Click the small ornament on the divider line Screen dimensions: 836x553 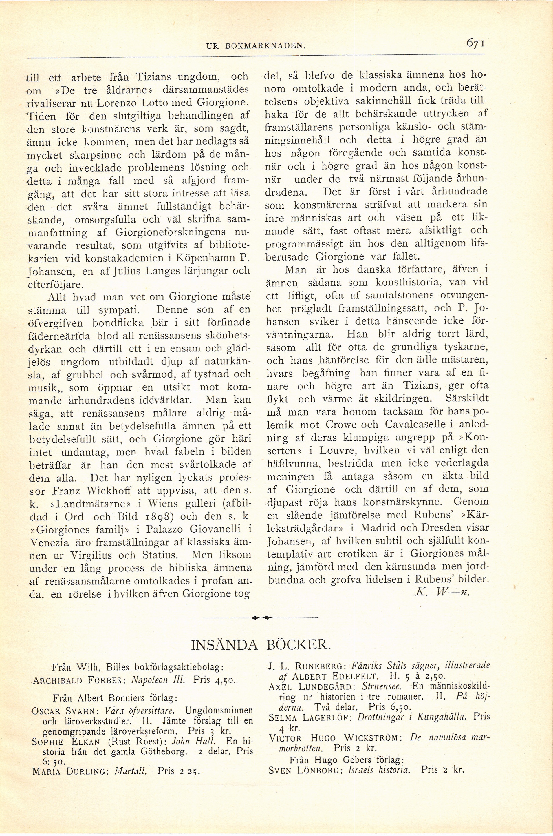click(261, 618)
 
